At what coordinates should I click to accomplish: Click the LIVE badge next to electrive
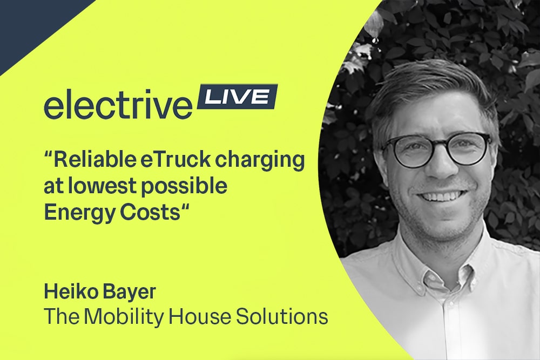click(237, 97)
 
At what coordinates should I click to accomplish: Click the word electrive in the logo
click(118, 104)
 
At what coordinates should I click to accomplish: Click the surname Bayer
click(129, 292)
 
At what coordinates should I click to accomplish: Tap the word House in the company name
click(199, 316)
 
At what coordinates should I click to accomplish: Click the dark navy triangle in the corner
click(35, 24)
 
